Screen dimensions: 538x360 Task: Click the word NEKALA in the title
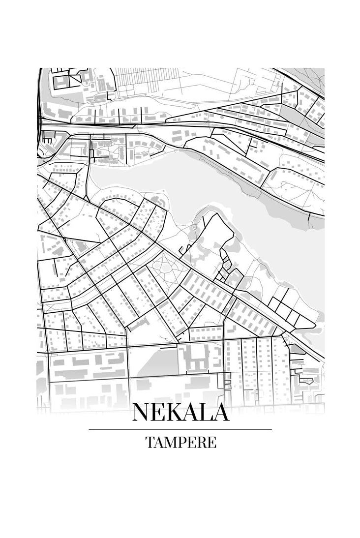(180, 412)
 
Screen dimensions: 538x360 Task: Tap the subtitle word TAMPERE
(180, 442)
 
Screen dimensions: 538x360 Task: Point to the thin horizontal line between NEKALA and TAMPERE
(180, 429)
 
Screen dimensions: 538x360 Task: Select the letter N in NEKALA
(142, 412)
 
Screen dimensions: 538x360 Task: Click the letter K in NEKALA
(176, 412)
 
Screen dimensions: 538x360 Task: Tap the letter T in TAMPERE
(149, 442)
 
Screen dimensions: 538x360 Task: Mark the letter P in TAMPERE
(183, 442)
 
